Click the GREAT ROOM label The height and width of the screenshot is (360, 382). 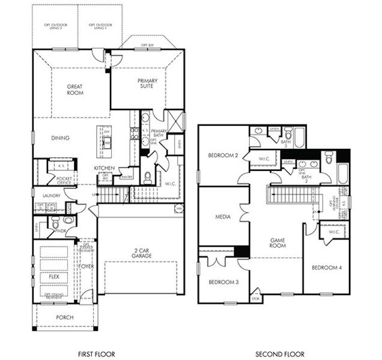(74, 90)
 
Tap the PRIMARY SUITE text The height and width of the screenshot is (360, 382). (146, 83)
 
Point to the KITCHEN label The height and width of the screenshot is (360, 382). (104, 168)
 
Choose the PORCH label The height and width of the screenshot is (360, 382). (64, 317)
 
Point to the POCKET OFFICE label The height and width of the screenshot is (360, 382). (64, 181)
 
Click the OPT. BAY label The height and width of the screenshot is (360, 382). (148, 45)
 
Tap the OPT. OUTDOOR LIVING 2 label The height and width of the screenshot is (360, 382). (55, 26)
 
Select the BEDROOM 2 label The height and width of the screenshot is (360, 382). (223, 155)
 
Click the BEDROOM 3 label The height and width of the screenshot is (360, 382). (223, 282)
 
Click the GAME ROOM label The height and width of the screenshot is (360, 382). (276, 242)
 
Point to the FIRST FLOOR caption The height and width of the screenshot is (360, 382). (96, 354)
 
